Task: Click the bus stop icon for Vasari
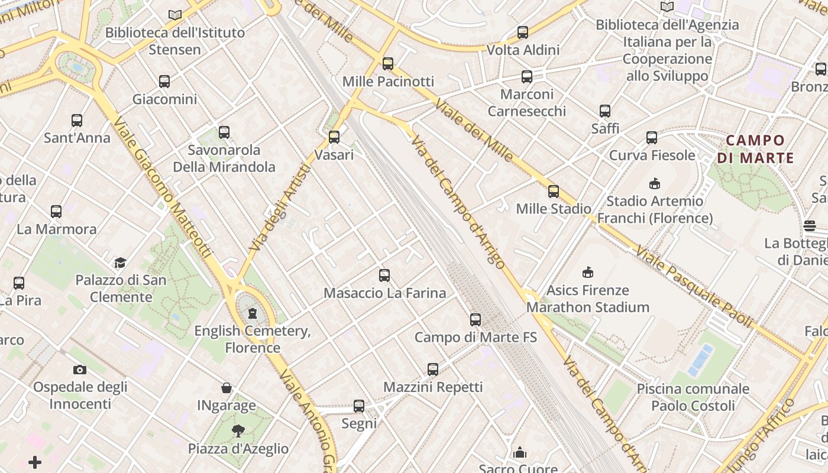tap(334, 137)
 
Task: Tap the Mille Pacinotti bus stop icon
tap(388, 64)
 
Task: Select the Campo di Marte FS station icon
tap(476, 320)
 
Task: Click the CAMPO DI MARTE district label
tap(755, 149)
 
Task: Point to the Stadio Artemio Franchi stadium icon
tap(655, 183)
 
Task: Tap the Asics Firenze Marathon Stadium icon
tap(588, 273)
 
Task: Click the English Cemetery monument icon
tap(253, 313)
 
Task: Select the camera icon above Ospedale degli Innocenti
tap(80, 370)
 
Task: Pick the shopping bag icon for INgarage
tap(227, 388)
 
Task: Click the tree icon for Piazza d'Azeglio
tap(238, 430)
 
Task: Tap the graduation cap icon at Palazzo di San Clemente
tap(121, 263)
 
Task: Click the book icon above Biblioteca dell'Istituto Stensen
tap(175, 15)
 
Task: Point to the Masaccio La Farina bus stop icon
tap(384, 275)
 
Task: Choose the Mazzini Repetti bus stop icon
tap(433, 370)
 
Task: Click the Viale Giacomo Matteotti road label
tap(162, 186)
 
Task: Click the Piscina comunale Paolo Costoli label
tap(693, 397)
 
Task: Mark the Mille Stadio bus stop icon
tap(554, 191)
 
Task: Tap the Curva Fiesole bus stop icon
tap(652, 138)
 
